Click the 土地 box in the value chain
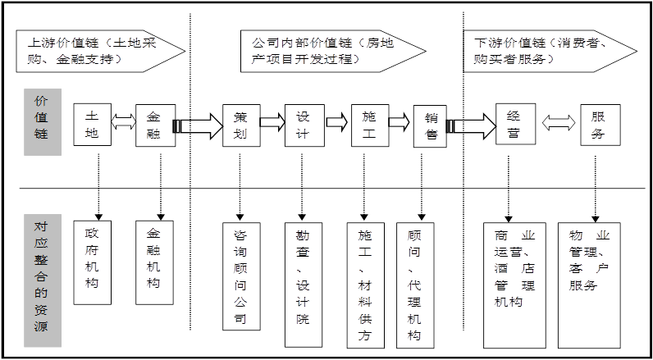point(92,125)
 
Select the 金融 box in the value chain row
point(155,125)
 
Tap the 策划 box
point(240,125)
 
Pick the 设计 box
point(304,125)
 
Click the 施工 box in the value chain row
point(369,125)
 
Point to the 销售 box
point(431,127)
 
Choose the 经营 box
point(514,125)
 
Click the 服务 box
point(599,125)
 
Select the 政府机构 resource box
point(92,262)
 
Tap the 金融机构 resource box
point(154,262)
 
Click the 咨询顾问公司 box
point(240,276)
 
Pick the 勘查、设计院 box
point(304,283)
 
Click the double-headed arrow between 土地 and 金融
point(124,122)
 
